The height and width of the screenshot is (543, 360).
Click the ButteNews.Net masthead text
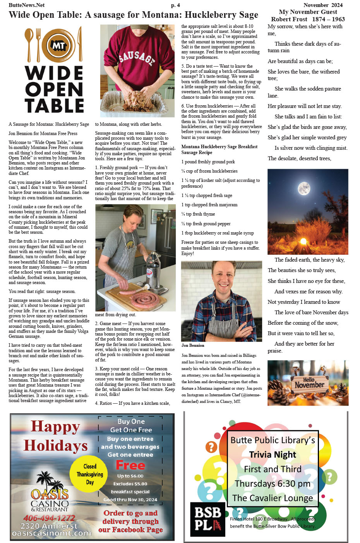[x=27, y=5]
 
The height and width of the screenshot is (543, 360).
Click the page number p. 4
[x=175, y=5]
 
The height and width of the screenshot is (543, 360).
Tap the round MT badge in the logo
[x=58, y=46]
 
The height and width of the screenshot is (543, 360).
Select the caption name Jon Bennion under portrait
[x=193, y=345]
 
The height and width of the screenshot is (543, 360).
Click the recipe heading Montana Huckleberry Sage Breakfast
[x=219, y=147]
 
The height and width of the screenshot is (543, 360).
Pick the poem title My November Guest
[x=308, y=12]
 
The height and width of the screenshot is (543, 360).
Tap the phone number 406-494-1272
[x=49, y=517]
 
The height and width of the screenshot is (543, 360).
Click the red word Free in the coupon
[x=130, y=465]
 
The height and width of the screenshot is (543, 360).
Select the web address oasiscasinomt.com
[x=51, y=533]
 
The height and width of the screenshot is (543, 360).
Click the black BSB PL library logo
[x=207, y=519]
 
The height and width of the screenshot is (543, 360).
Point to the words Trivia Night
[x=273, y=454]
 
